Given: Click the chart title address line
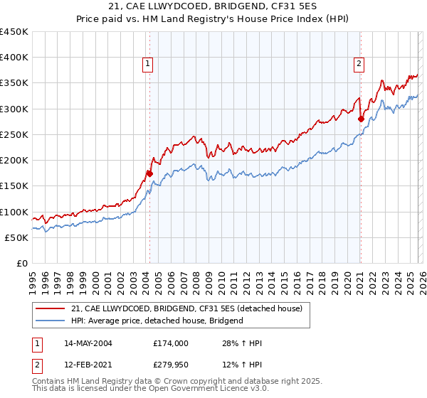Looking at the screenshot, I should [213, 6].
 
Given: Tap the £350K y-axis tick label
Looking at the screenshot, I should [14, 83].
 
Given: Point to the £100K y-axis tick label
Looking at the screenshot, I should [14, 212].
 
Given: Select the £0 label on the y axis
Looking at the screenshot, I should [21, 263].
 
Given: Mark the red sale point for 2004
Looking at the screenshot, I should [149, 173].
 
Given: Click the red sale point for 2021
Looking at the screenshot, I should [361, 119].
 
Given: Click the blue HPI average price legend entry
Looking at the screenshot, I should [157, 321].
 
